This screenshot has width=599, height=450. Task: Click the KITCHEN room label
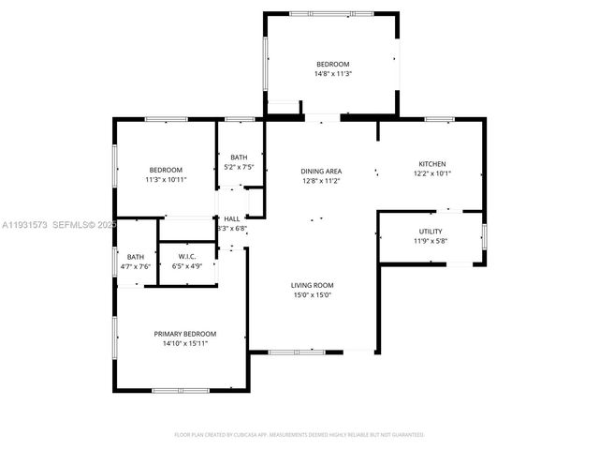tap(431, 163)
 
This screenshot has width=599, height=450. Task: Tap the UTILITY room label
tap(431, 231)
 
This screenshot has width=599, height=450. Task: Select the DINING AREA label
tap(321, 171)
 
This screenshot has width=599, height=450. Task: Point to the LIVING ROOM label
tap(312, 285)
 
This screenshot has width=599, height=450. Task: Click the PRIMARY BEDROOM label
tap(185, 334)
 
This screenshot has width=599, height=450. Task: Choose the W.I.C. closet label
tap(185, 256)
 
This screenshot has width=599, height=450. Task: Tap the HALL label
tap(231, 218)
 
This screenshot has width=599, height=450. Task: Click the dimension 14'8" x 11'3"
tap(332, 73)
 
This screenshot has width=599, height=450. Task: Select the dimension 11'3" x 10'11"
tap(165, 179)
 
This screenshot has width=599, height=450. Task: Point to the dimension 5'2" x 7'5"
tap(240, 167)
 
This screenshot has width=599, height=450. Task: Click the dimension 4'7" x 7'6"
tap(136, 266)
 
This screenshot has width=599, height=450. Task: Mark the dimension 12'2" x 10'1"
tap(431, 172)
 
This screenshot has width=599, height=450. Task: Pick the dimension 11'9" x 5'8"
tap(431, 240)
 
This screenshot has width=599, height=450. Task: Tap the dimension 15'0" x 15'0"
tap(312, 295)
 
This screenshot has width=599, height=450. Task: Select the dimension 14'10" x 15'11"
tap(185, 344)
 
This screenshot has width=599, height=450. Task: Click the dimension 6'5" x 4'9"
tap(185, 266)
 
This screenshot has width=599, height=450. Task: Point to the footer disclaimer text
tap(299, 434)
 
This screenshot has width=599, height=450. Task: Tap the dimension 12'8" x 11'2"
tap(321, 180)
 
